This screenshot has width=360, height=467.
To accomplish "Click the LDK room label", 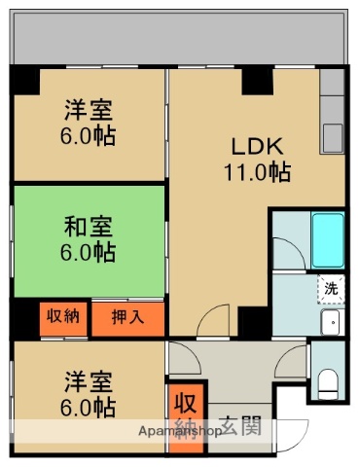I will [x=257, y=148].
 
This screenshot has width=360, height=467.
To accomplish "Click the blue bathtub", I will [x=328, y=237].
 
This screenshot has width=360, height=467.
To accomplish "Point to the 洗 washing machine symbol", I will [x=331, y=288].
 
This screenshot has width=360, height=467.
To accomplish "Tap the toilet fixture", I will [x=331, y=383].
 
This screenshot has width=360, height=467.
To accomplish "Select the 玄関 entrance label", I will [x=239, y=424].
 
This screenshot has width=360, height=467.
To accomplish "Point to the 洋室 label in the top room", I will [x=88, y=110].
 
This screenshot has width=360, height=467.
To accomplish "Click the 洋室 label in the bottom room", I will [x=88, y=379].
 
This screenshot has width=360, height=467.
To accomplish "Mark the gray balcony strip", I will [x=180, y=39].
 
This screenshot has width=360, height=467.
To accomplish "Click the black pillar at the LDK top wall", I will [x=257, y=83].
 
